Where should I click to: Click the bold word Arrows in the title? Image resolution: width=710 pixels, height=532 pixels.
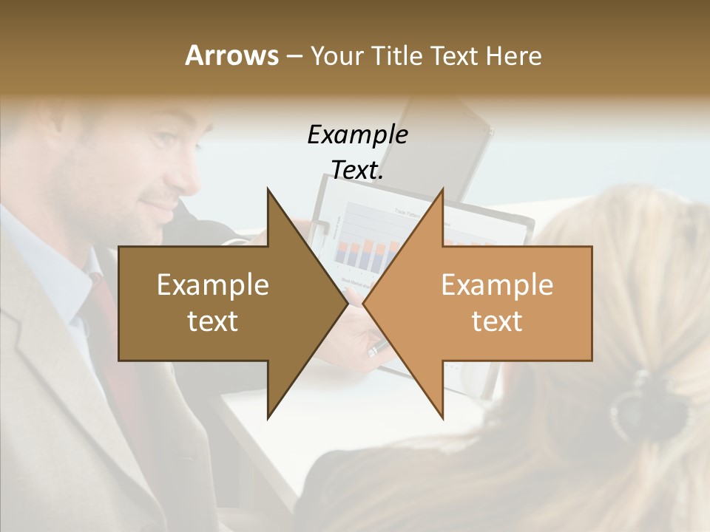231,55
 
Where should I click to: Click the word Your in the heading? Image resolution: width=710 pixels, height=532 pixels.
337,56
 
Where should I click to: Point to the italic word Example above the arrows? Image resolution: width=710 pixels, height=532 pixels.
357,135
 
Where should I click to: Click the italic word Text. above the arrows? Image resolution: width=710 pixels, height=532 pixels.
357,170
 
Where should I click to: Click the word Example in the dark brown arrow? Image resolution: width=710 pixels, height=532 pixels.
213,285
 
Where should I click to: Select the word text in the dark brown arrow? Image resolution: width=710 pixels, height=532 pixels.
213,321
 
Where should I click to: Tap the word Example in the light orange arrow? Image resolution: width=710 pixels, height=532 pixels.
497,285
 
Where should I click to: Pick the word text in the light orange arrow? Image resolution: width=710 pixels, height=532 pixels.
497,321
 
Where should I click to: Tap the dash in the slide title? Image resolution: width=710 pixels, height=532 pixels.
294,57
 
